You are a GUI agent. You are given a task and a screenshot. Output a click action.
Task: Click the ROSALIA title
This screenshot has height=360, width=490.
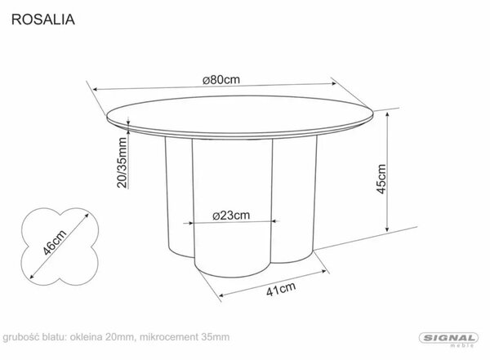43,20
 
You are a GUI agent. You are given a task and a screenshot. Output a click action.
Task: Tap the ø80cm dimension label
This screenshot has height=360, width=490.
221,80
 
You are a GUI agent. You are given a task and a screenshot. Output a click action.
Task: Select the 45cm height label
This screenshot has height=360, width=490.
381,179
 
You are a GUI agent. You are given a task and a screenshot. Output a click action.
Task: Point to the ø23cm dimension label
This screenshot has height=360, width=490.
231,216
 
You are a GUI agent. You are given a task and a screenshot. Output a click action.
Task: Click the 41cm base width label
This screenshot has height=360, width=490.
281,289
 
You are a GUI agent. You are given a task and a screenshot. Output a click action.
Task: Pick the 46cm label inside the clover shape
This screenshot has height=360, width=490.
55,242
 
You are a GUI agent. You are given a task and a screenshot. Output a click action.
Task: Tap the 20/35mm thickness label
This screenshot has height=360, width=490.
122,162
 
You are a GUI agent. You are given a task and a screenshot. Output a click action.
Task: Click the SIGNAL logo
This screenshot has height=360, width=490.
448,338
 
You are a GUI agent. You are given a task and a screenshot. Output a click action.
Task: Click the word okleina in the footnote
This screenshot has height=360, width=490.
87,337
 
